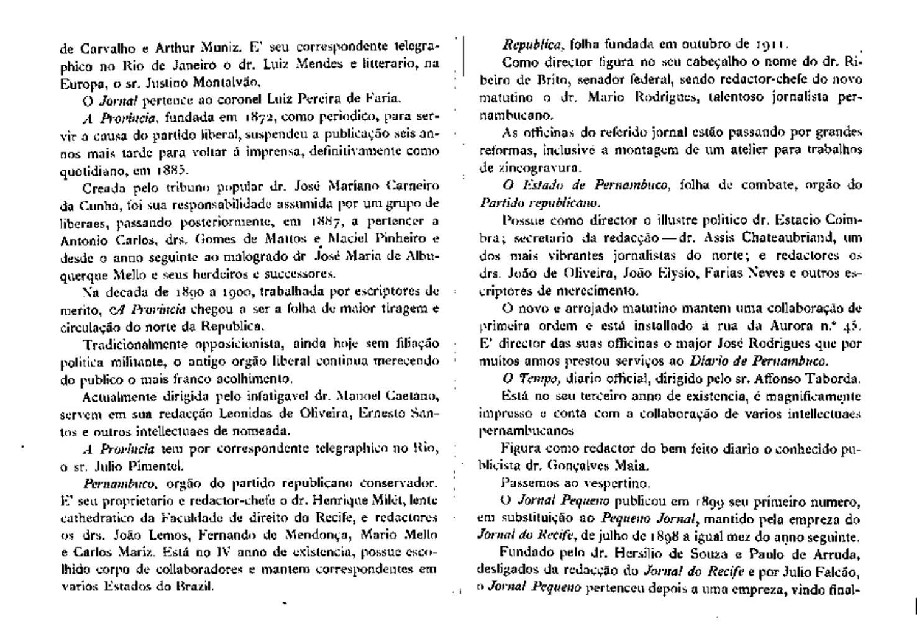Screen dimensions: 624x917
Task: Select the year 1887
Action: click(x=327, y=221)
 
